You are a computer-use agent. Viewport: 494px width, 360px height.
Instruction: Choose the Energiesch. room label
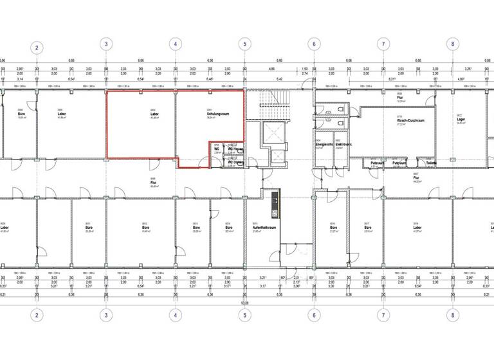pos(323,145)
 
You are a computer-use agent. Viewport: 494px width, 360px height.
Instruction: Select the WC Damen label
pos(235,162)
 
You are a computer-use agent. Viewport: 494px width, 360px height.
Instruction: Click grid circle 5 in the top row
pos(244,45)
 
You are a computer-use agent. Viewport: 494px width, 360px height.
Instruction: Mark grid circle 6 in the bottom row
pos(313,315)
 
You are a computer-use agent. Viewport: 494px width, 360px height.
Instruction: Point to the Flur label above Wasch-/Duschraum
pos(399,100)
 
